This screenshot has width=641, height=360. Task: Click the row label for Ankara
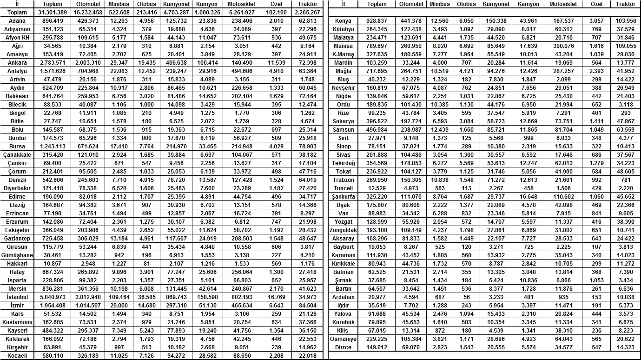pyautogui.click(x=17, y=63)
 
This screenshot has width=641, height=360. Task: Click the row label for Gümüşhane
pyautogui.click(x=17, y=255)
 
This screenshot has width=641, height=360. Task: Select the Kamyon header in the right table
pyautogui.click(x=528, y=4)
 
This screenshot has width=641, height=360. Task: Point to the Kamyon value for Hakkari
pyautogui.click(x=207, y=264)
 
